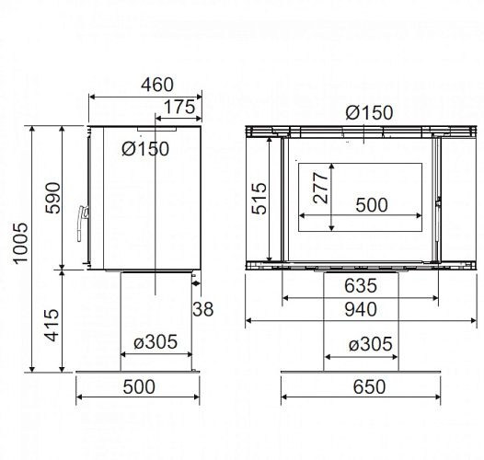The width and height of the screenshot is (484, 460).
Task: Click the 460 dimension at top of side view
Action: [x=157, y=85]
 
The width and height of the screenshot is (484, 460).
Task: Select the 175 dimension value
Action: [x=179, y=107]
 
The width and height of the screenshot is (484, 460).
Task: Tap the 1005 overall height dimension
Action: [x=21, y=243]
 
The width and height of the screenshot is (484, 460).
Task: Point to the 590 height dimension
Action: [x=53, y=198]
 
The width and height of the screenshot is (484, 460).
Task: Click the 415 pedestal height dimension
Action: [x=52, y=325]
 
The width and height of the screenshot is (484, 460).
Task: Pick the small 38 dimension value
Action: [x=202, y=309]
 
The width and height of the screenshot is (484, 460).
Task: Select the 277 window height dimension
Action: [x=321, y=188]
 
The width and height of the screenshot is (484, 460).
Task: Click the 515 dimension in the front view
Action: [x=259, y=199]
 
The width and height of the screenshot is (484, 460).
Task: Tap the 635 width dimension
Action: [x=361, y=285]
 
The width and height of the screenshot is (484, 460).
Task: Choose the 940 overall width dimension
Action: [x=361, y=309]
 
